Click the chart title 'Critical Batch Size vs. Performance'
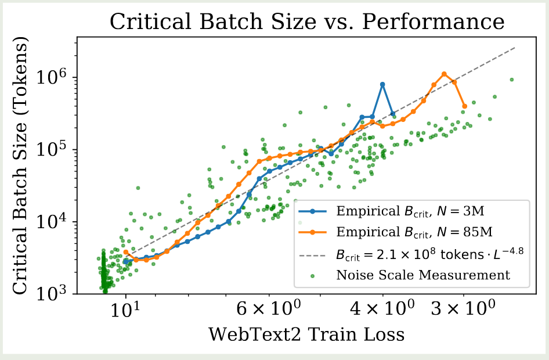click(x=308, y=22)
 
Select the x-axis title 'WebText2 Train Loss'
click(x=306, y=334)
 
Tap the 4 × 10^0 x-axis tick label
click(x=382, y=308)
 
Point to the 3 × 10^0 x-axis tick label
click(x=463, y=308)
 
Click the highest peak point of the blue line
click(x=382, y=84)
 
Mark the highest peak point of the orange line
click(x=444, y=74)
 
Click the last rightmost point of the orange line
click(x=465, y=106)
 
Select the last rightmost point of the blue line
click(x=393, y=114)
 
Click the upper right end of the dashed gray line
click(x=515, y=47)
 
